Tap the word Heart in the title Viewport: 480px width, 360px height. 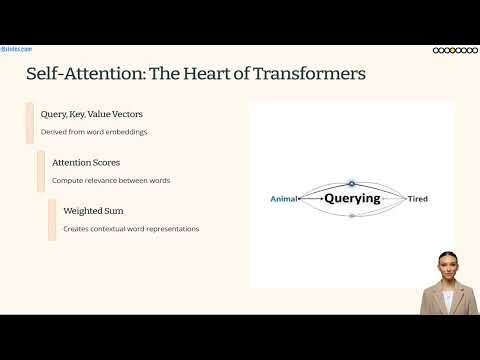(x=207, y=75)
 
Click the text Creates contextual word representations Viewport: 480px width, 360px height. (x=130, y=229)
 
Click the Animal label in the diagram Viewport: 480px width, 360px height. (x=285, y=199)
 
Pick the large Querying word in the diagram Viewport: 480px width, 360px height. (x=352, y=198)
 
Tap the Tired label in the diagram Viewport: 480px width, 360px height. (x=417, y=199)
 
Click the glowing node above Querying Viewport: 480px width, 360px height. (x=351, y=183)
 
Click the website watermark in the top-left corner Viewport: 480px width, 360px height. (x=17, y=48)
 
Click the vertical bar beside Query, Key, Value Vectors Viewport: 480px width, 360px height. (x=30, y=123)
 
